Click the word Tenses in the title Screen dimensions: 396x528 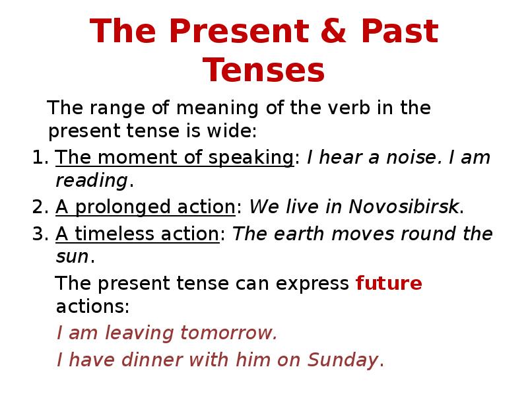264,70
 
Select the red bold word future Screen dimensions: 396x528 389,284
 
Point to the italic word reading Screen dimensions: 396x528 91,181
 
